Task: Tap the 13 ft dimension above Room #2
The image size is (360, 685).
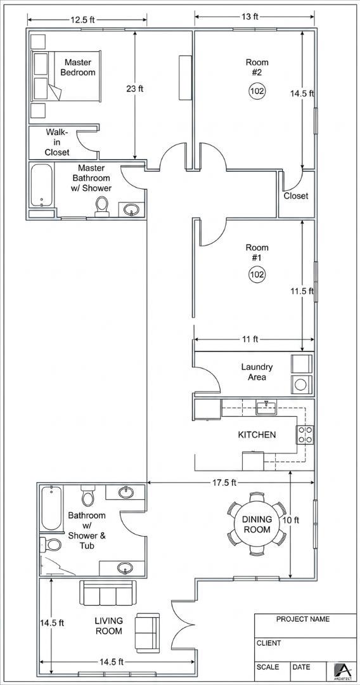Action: point(250,16)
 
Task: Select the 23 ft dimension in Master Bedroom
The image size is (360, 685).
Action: point(135,89)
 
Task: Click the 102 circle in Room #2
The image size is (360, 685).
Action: point(257,91)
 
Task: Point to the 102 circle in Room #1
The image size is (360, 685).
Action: point(257,275)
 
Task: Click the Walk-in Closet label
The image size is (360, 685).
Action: point(57,142)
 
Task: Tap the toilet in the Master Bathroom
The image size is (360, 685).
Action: point(102,205)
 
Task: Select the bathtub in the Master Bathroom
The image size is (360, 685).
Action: point(41,185)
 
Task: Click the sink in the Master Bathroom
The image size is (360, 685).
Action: point(131,210)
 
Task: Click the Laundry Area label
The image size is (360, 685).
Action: point(257,372)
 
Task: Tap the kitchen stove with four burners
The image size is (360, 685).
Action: point(305,434)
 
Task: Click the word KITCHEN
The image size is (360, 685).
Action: point(257,434)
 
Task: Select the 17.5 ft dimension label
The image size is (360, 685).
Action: point(224,483)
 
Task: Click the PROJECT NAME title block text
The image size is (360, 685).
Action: point(303,619)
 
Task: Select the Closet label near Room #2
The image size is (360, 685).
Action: point(296,196)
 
